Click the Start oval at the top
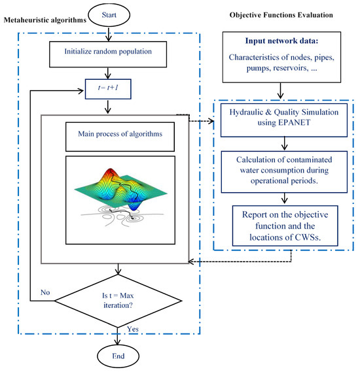[118, 12]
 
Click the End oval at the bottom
[118, 358]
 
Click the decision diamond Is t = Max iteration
[118, 301]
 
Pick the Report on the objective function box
[280, 222]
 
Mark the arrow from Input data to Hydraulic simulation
[280, 91]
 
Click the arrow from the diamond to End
[118, 333]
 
